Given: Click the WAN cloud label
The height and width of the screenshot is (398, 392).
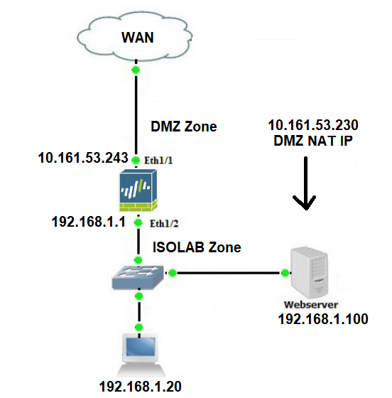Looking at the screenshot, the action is [138, 38].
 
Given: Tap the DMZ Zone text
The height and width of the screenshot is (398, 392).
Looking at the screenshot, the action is [184, 127].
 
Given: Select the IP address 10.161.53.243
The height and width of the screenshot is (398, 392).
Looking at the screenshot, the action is [83, 158].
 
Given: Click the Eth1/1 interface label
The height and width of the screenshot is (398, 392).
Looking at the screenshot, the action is [158, 160].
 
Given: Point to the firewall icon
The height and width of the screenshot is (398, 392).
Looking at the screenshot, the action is [138, 190].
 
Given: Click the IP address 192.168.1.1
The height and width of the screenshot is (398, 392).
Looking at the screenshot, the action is [89, 222].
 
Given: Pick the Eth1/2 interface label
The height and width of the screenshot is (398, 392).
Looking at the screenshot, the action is [164, 223].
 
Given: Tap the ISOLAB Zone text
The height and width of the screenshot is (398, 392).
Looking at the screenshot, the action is [197, 247].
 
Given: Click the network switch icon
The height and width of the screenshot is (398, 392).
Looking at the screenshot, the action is [138, 277].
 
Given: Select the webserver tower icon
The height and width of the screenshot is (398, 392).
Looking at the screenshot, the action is [310, 273].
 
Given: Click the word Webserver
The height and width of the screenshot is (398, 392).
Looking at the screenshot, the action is [311, 305].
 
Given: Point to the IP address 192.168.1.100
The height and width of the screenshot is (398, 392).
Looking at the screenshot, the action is [323, 319].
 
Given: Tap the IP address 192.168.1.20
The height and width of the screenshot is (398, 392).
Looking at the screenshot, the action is [140, 387].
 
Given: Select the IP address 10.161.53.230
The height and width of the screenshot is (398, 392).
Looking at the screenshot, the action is [313, 125].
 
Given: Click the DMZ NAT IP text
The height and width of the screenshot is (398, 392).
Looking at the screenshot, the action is [313, 141].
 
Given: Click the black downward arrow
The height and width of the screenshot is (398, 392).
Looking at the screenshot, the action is [305, 183].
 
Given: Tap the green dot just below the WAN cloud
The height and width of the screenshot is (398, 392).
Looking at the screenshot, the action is [136, 70].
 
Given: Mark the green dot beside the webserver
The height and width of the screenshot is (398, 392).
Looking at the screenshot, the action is [285, 273].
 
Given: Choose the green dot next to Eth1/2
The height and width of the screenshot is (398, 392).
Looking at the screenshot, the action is [138, 222].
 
